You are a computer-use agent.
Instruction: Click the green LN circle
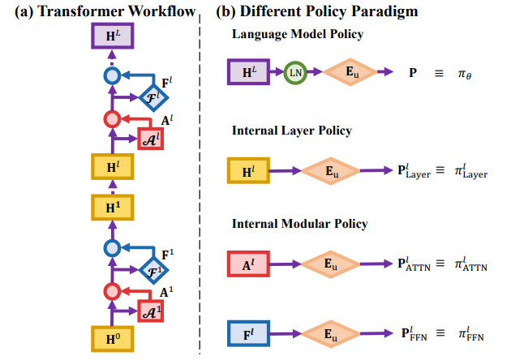295,73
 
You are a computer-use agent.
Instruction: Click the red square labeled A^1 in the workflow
152,310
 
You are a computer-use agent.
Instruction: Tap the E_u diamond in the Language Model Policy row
350,73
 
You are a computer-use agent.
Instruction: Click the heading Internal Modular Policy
299,223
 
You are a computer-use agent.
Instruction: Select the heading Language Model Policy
297,34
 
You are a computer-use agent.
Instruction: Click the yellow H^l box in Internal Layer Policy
248,171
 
